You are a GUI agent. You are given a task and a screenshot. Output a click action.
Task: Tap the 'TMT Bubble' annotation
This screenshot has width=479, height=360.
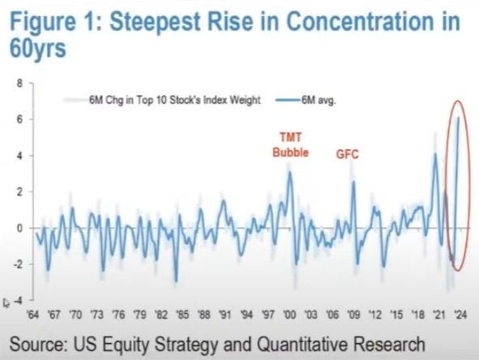pos(291,144)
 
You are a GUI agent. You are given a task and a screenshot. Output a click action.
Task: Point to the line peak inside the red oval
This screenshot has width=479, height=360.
pos(459,118)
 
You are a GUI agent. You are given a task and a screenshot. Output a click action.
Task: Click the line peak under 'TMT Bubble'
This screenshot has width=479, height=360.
pos(290,173)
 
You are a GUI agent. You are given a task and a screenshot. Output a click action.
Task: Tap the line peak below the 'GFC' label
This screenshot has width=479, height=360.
pos(354,182)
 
